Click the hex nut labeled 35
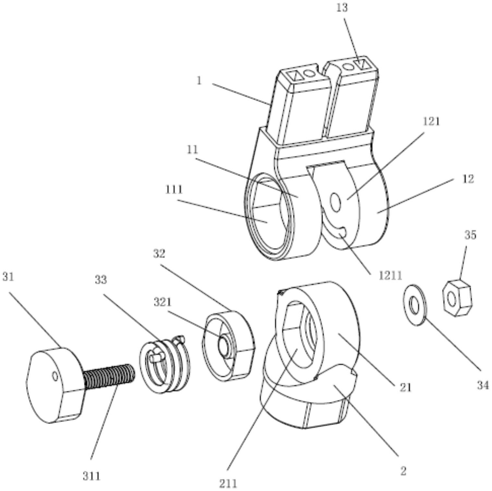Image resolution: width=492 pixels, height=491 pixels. click(457, 298)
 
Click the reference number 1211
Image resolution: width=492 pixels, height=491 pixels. click(390, 276)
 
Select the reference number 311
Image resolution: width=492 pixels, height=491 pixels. click(91, 476)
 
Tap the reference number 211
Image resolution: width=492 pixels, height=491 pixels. click(228, 484)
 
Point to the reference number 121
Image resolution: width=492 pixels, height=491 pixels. click(431, 121)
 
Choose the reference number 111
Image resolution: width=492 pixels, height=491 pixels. click(174, 189)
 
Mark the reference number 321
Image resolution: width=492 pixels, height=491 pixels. click(162, 302)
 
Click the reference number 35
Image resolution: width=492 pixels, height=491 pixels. click(470, 235)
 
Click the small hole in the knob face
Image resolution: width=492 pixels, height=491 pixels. click(55, 376)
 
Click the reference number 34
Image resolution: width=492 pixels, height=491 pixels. click(483, 385)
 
